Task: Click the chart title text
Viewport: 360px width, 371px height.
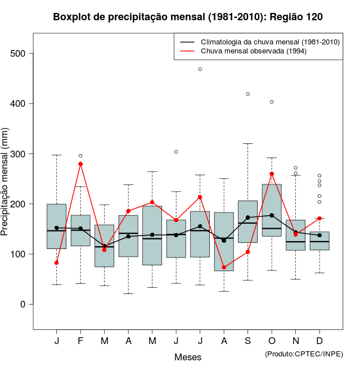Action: point(188,17)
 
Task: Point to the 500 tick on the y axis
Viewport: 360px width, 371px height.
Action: point(22,54)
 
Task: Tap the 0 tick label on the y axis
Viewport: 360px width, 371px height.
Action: point(22,304)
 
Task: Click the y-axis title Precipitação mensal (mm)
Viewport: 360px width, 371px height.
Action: point(6,188)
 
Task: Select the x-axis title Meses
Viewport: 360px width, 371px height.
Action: point(188,357)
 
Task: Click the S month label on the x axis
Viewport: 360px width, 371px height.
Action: point(248,341)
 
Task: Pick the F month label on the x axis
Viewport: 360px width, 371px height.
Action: point(80,341)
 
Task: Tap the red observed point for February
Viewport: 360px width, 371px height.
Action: point(80,164)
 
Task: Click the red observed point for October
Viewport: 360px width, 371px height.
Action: point(272,174)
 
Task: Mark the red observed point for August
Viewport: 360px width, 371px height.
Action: point(224,268)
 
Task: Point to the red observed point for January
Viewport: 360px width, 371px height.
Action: point(57,263)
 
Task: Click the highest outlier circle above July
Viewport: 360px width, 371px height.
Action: point(200,69)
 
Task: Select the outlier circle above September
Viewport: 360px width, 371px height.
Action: point(247,94)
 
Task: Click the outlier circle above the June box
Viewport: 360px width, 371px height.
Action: point(176,152)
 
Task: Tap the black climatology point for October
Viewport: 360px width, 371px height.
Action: point(272,215)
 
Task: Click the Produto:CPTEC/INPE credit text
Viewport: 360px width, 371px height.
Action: point(304,354)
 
